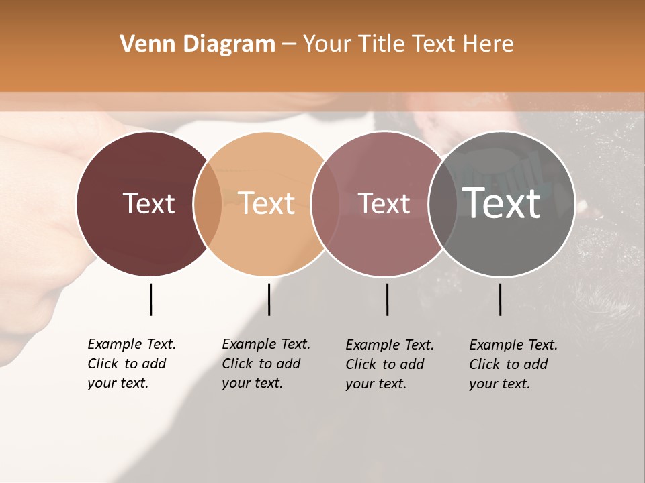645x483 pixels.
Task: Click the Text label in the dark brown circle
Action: (148, 203)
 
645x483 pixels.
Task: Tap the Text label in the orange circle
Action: (266, 203)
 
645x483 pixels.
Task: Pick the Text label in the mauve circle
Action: (384, 203)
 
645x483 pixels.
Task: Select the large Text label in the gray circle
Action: (501, 203)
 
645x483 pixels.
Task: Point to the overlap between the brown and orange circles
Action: (208, 203)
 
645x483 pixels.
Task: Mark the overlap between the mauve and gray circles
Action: (443, 203)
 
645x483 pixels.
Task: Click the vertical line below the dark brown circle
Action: (150, 299)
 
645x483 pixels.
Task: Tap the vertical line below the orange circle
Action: (269, 299)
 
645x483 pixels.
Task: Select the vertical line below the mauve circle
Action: (387, 299)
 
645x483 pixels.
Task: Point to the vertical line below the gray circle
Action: (500, 299)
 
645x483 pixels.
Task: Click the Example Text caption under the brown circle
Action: (132, 364)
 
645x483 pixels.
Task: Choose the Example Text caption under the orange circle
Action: (266, 364)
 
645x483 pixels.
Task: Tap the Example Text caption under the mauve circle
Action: (390, 364)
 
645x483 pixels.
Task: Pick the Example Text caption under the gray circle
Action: (513, 364)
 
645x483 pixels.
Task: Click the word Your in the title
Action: (327, 44)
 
